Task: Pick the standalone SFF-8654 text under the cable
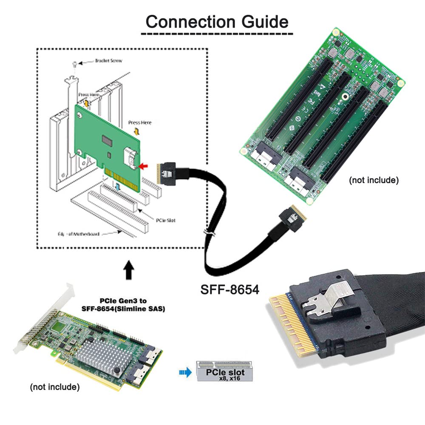230,290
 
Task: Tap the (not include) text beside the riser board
374,180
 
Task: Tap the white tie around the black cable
209,233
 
